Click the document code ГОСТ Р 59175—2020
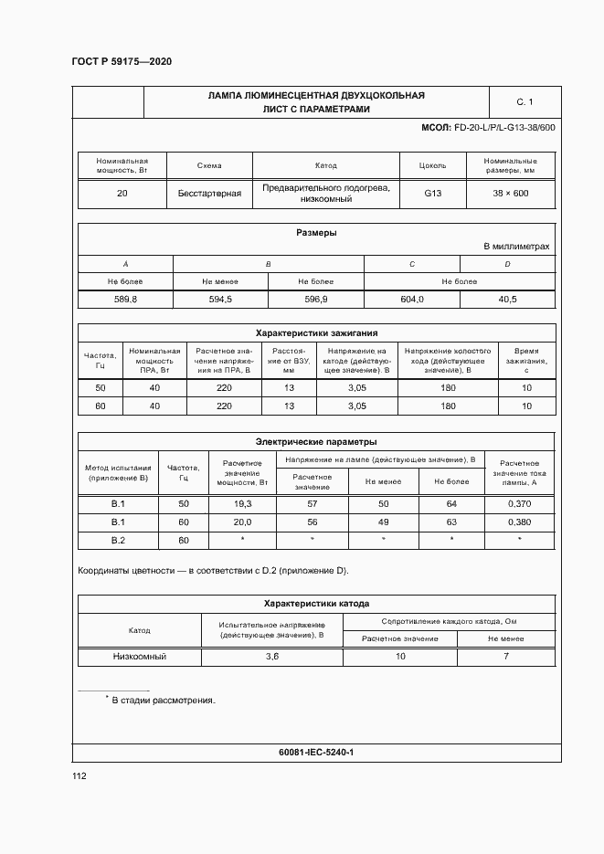point(122,61)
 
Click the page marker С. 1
point(524,101)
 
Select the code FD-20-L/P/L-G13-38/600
point(504,128)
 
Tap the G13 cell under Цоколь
point(432,194)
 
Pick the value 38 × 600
point(511,194)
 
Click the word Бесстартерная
point(209,194)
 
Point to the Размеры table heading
point(316,232)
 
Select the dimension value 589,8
point(125,300)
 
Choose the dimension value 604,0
point(411,300)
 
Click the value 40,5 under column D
point(507,300)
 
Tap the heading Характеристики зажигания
point(316,333)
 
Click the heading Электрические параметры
point(316,441)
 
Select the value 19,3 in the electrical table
point(243,504)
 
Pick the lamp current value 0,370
point(519,504)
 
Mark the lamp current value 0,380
point(519,522)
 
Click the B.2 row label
point(118,540)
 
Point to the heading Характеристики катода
point(316,604)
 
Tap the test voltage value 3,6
point(271,657)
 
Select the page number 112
point(79,776)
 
